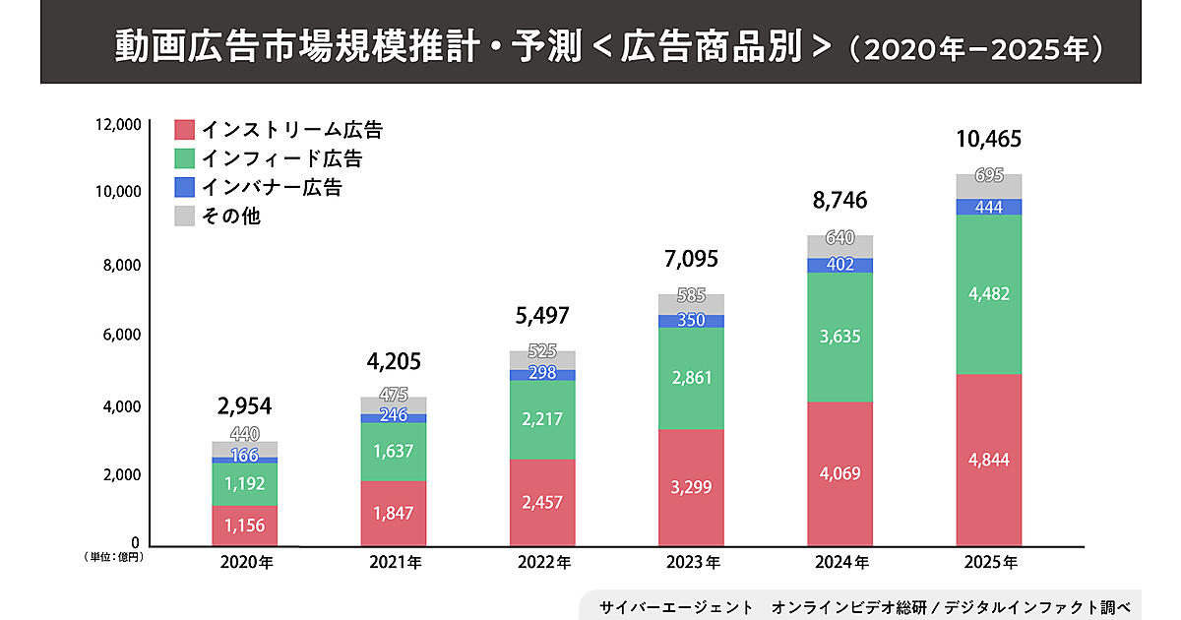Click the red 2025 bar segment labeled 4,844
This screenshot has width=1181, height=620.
988,459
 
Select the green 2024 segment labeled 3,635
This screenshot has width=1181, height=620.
839,337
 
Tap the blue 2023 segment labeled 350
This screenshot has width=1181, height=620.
691,321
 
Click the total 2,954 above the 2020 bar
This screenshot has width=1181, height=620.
244,404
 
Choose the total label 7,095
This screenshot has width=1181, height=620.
690,260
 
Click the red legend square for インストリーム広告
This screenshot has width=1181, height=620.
185,130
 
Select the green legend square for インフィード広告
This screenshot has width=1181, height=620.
185,158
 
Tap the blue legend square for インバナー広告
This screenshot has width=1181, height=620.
185,187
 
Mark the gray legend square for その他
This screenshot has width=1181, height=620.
185,216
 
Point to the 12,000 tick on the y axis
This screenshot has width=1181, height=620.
119,124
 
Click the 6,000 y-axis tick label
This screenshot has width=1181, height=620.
122,336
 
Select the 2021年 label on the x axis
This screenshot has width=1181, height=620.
394,563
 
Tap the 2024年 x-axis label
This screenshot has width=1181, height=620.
839,563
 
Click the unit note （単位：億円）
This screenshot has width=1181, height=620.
114,558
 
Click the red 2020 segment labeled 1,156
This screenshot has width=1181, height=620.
244,526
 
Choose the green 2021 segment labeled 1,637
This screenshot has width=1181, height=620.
394,452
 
